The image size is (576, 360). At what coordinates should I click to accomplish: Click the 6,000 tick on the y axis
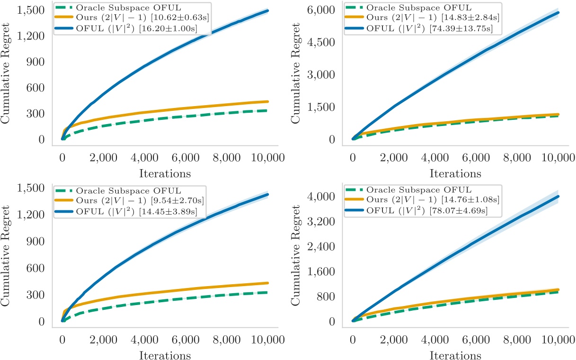(x=323, y=10)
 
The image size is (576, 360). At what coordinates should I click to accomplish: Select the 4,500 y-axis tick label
(x=323, y=42)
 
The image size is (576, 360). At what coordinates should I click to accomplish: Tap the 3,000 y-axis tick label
(x=323, y=75)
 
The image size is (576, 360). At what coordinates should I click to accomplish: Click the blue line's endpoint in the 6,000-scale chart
(x=559, y=13)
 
